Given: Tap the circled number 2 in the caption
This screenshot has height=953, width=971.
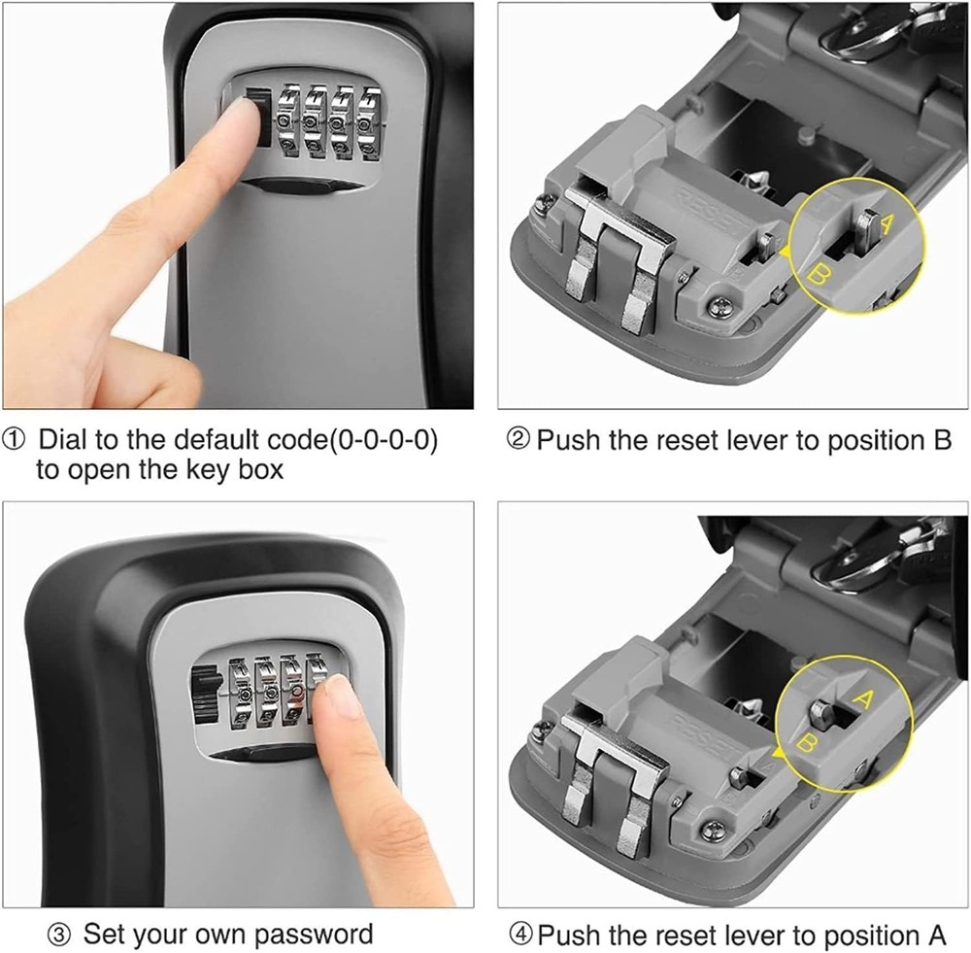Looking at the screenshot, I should tap(519, 439).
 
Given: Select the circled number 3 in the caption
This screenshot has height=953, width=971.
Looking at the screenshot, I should tap(60, 935).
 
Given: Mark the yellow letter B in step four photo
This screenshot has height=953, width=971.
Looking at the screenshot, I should tap(805, 746).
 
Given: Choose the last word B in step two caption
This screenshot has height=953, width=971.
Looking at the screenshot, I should tap(941, 439).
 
